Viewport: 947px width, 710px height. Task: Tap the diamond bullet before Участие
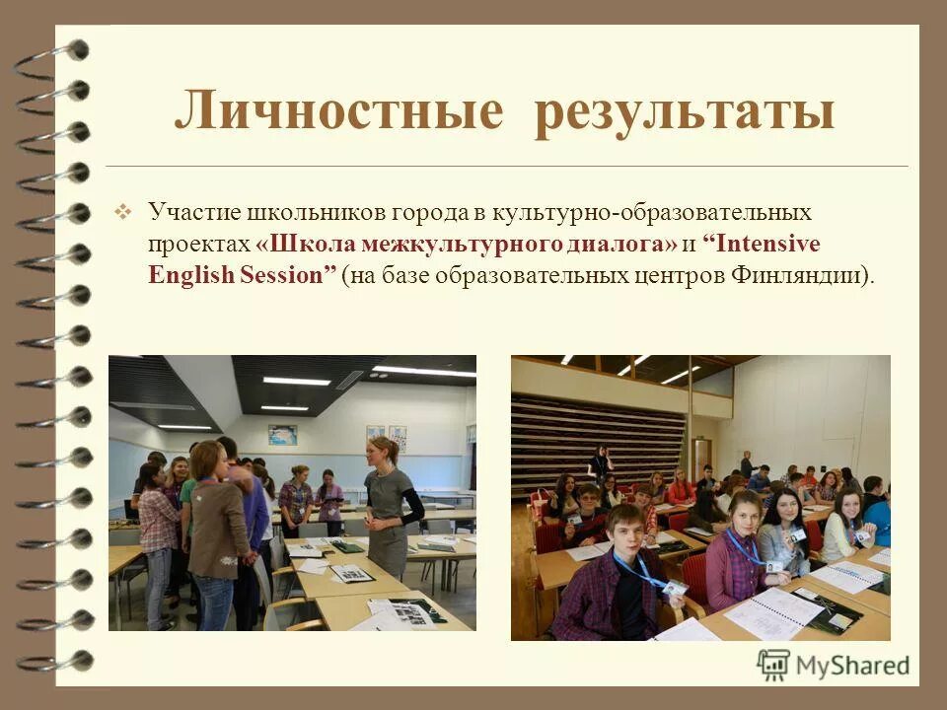tap(123, 211)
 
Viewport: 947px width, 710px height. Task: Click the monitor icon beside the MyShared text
tap(774, 663)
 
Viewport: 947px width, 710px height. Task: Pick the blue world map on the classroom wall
tap(282, 434)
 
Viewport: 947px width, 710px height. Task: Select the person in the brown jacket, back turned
tap(214, 523)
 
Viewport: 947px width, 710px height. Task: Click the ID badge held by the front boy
tap(675, 588)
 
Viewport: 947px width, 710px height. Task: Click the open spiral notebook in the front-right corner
tap(774, 611)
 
